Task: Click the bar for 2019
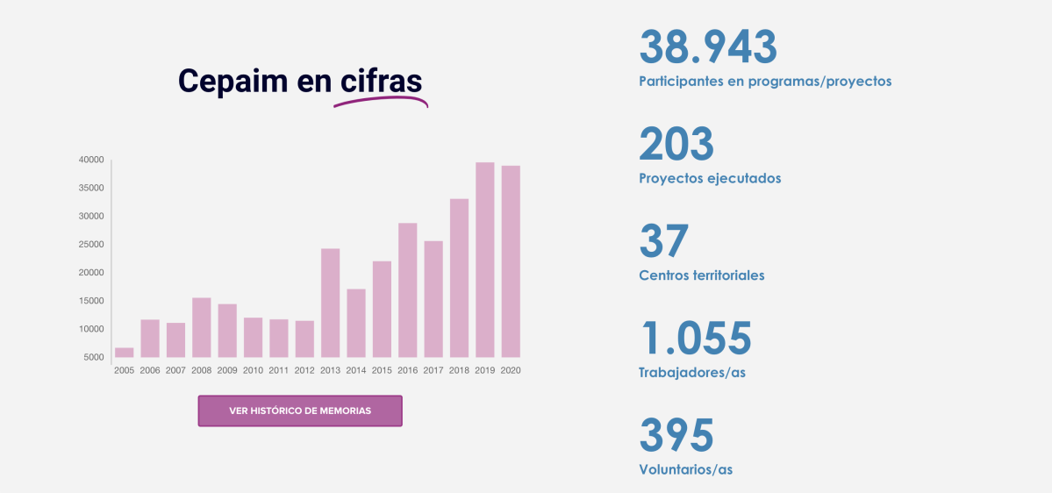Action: pyautogui.click(x=485, y=260)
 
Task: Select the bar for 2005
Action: pyautogui.click(x=125, y=352)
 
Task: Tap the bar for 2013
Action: pyautogui.click(x=330, y=303)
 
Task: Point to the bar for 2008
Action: pyautogui.click(x=202, y=327)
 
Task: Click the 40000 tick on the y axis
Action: pyautogui.click(x=91, y=160)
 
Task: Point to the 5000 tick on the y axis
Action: pyautogui.click(x=94, y=357)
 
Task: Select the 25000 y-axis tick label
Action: pyautogui.click(x=91, y=244)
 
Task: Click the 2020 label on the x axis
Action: pyautogui.click(x=511, y=370)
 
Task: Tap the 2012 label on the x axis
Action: pyautogui.click(x=304, y=370)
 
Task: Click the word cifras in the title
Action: pyautogui.click(x=382, y=81)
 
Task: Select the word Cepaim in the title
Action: pyautogui.click(x=233, y=81)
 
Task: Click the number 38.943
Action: pyautogui.click(x=708, y=47)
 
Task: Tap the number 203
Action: pyautogui.click(x=676, y=144)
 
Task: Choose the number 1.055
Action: pyautogui.click(x=696, y=339)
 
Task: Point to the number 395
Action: pyautogui.click(x=676, y=436)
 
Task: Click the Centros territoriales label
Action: pyautogui.click(x=702, y=275)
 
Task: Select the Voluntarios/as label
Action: pyautogui.click(x=685, y=469)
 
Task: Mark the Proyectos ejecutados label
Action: pyautogui.click(x=710, y=178)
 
